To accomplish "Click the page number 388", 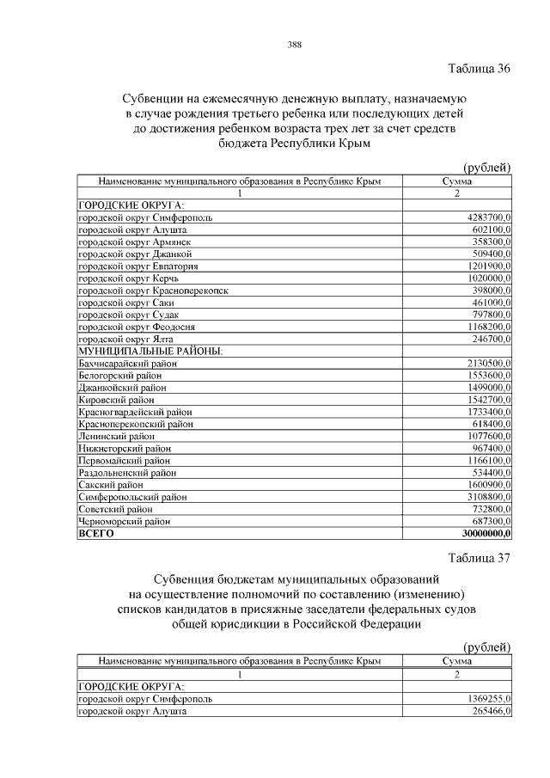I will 294,44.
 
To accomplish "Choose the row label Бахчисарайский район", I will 127,364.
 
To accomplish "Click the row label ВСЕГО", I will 96,533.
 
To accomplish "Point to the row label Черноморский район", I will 125,521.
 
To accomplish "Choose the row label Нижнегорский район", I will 125,448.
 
